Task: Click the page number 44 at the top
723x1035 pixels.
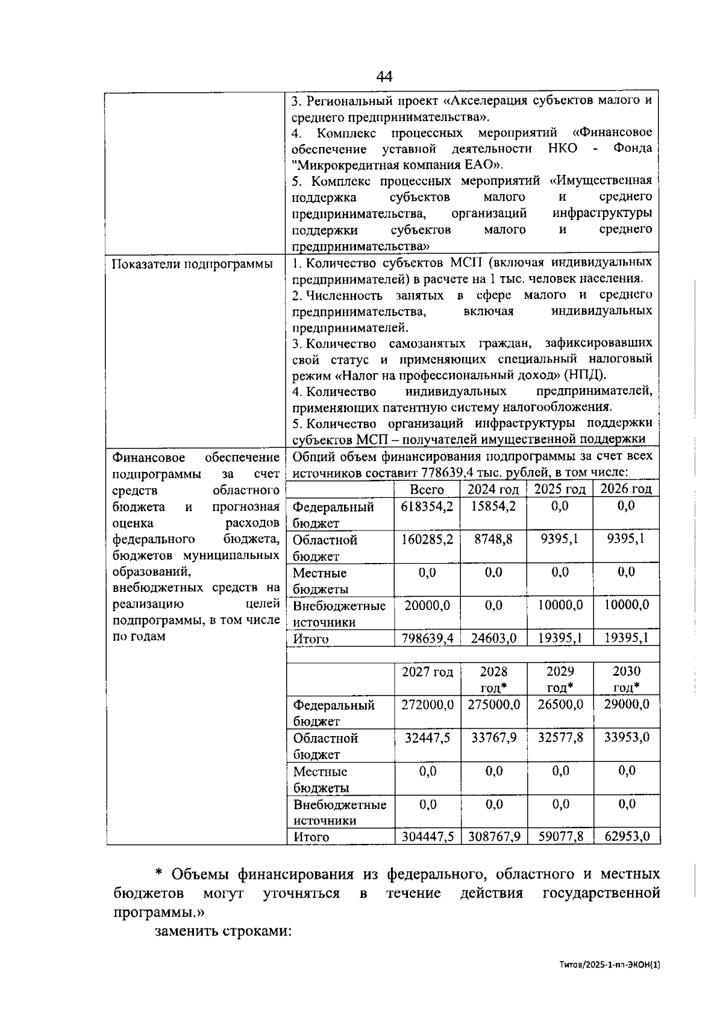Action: (384, 77)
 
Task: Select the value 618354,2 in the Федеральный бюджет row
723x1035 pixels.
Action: (427, 506)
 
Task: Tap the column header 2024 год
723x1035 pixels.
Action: (493, 489)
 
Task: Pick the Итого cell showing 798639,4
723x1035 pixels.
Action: (427, 638)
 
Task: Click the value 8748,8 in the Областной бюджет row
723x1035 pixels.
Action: (493, 539)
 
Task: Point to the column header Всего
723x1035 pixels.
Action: (427, 489)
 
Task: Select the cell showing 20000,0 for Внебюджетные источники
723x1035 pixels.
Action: (427, 605)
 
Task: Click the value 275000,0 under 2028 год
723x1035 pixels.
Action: (493, 704)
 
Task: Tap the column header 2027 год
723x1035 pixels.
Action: (427, 672)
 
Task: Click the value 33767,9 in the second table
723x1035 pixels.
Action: (493, 737)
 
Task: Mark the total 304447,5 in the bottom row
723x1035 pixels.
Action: (427, 836)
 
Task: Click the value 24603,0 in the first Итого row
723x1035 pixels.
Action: (493, 638)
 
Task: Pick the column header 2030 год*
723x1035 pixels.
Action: (626, 679)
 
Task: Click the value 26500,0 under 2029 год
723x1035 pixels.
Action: (560, 704)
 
